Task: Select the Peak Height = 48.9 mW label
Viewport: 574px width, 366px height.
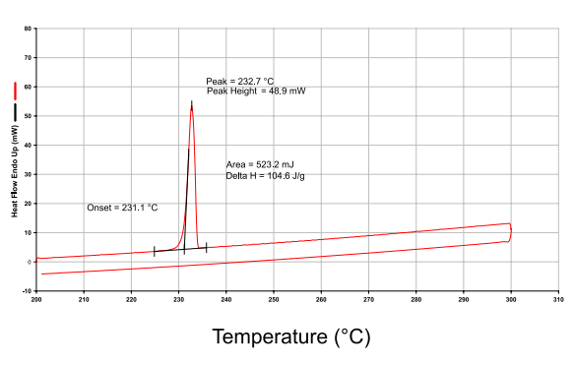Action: click(x=256, y=91)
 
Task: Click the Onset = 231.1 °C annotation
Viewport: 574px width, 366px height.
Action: click(x=122, y=209)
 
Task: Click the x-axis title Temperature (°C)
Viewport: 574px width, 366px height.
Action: click(x=291, y=336)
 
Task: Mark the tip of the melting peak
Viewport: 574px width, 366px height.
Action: click(x=191, y=101)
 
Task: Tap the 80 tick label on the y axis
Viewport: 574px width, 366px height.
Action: click(x=29, y=29)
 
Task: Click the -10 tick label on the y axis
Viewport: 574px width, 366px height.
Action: click(x=28, y=291)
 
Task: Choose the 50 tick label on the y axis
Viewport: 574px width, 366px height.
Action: click(x=29, y=116)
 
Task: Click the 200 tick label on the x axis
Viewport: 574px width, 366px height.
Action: click(x=36, y=299)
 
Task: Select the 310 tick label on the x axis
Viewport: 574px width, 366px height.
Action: click(x=558, y=299)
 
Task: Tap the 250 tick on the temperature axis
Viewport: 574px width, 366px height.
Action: click(x=274, y=299)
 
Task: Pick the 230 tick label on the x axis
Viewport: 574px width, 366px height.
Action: click(x=178, y=299)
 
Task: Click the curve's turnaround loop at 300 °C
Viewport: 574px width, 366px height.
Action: click(x=511, y=233)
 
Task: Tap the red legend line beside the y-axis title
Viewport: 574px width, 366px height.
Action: click(x=15, y=91)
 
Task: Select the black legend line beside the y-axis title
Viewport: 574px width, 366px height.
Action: click(x=15, y=111)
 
